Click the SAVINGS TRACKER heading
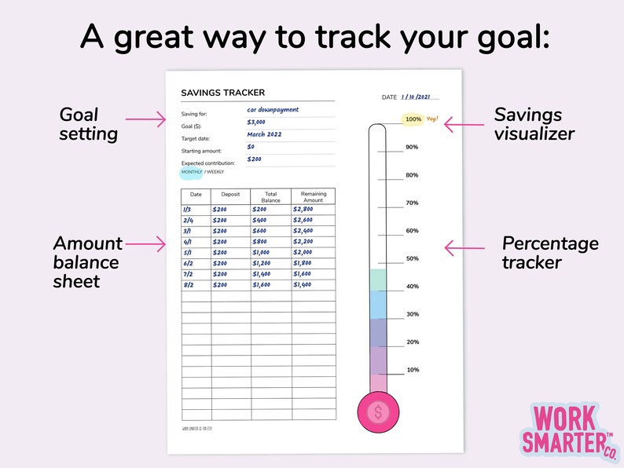(x=222, y=93)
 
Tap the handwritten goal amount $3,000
(x=256, y=122)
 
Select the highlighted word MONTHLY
(x=192, y=171)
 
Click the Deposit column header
(x=230, y=194)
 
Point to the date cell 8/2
(x=187, y=284)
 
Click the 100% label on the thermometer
(x=413, y=119)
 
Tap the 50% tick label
(x=412, y=258)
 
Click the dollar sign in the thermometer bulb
(x=378, y=412)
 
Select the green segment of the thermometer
(x=378, y=280)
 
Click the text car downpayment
(x=272, y=110)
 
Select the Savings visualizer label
(x=534, y=124)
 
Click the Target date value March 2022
(x=264, y=134)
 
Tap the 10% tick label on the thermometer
(x=412, y=370)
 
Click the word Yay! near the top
(x=432, y=119)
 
